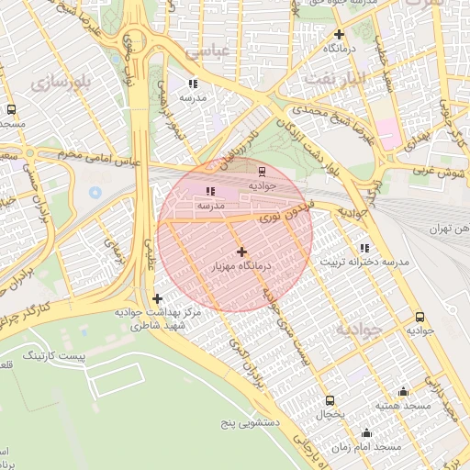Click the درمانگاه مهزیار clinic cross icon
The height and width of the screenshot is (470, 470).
click(x=241, y=252)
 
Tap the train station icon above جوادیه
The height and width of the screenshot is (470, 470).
click(x=263, y=170)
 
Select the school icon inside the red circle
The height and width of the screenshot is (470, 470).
click(x=210, y=191)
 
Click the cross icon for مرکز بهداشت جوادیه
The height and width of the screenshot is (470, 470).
click(x=158, y=298)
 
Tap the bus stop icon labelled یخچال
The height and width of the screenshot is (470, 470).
click(x=330, y=400)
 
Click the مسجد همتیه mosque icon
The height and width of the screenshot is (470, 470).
click(x=403, y=391)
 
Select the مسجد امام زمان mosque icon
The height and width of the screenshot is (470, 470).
click(x=367, y=432)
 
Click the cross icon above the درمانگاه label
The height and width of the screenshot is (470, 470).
click(x=340, y=32)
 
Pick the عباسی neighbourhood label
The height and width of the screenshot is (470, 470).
click(x=207, y=51)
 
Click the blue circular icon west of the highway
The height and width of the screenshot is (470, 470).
click(x=95, y=194)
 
